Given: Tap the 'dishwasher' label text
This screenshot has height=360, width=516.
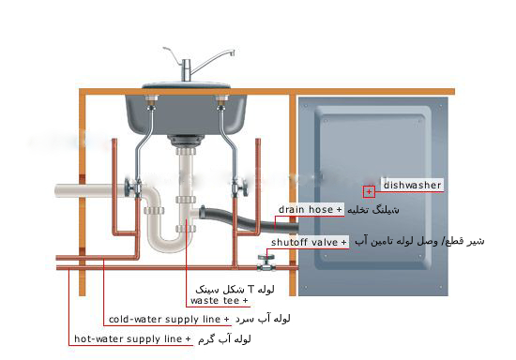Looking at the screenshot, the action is click(412, 186).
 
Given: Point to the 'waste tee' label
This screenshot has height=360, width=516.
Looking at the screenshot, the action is click(219, 301).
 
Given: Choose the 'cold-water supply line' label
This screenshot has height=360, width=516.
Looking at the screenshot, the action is click(170, 319).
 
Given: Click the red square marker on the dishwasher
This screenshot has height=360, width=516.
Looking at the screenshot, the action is click(370, 191).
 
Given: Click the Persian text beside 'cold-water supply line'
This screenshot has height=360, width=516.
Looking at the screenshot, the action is click(266, 319).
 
